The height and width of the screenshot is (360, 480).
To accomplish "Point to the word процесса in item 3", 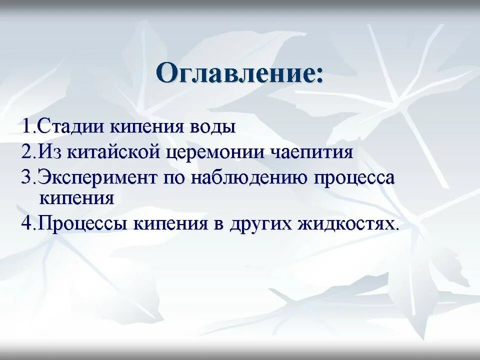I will coord(354,178).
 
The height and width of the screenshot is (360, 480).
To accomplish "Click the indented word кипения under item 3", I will coord(76,198).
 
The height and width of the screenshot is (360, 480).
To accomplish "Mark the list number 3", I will coord(26,178).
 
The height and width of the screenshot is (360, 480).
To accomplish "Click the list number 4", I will coord(26,223).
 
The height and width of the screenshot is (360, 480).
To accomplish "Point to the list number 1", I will coord(26,126).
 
